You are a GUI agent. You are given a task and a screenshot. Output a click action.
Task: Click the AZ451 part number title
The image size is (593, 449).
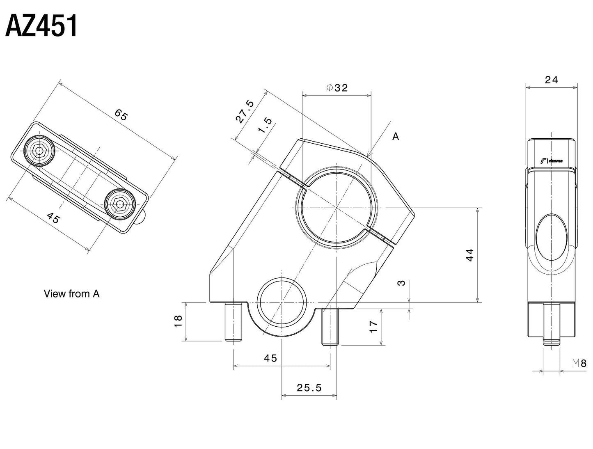pos(41,27)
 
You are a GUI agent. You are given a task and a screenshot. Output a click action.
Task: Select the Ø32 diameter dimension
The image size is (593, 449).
pos(337,87)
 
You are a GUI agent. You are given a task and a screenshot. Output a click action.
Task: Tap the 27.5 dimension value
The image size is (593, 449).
pos(245,112)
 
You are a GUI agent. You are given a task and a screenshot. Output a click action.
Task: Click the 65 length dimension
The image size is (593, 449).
pos(121,115)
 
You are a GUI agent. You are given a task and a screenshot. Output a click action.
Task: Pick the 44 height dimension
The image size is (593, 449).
pos(470,255)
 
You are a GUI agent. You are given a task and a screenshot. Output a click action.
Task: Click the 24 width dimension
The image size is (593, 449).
pos(551,80)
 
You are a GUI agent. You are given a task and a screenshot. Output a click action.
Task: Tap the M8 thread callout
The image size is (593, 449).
pos(579,363)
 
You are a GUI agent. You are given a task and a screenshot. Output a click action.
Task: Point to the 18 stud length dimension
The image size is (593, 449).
pos(178,321)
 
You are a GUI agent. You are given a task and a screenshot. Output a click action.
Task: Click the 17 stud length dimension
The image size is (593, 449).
pos(373,326)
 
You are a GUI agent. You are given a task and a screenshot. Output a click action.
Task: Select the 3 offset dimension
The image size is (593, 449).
pos(401,283)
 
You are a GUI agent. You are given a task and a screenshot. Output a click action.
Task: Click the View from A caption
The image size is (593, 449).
pos(71,293)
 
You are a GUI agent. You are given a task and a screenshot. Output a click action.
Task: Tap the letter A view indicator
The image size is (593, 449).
pos(395,137)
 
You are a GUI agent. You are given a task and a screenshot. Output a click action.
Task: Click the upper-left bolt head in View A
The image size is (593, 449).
pos(39,151)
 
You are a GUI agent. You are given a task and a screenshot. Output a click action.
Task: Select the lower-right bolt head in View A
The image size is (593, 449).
pos(119,204)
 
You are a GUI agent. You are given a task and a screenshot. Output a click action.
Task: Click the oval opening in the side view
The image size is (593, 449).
pos(552,238)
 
